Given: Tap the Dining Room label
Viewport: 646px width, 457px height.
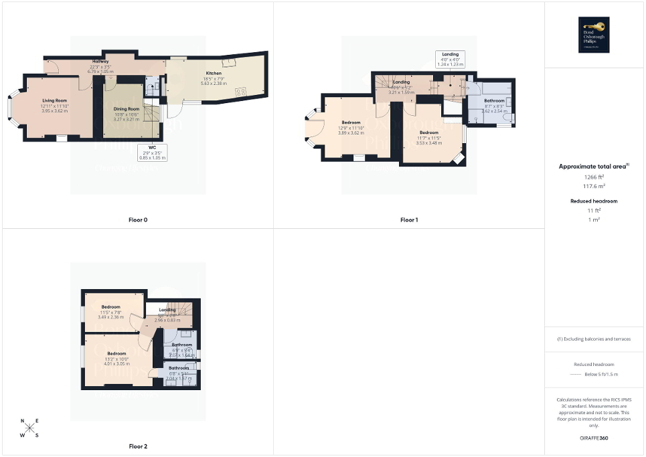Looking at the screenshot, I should (x=125, y=108).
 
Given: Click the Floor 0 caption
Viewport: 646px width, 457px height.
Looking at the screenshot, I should (x=138, y=219).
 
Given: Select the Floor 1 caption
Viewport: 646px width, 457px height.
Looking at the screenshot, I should (x=409, y=219).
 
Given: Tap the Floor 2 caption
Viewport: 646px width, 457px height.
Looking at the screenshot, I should (x=138, y=446).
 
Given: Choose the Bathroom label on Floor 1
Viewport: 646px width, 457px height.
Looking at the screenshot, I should (x=495, y=101).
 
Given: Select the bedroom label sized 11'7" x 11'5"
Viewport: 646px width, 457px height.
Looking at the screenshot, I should (x=428, y=133).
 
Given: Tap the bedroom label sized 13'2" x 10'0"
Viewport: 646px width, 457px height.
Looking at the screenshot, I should (x=116, y=353).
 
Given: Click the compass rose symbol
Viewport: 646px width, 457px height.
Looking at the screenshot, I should (x=29, y=428).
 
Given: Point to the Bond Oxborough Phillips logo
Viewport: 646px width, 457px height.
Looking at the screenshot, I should (x=594, y=34).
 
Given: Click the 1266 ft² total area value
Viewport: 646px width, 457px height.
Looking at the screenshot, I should (x=594, y=177).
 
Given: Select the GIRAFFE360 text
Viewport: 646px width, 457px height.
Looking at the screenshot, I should (x=594, y=438).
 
